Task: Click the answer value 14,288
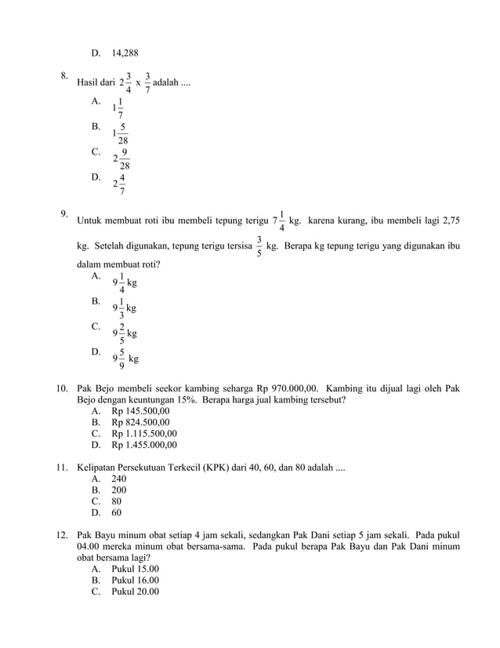pyautogui.click(x=125, y=53)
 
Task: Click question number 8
pyautogui.click(x=65, y=76)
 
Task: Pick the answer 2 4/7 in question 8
pyautogui.click(x=119, y=184)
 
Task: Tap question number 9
pyautogui.click(x=65, y=213)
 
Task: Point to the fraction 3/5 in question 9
pyautogui.click(x=259, y=246)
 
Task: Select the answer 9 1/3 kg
pyautogui.click(x=124, y=308)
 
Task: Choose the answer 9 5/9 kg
pyautogui.click(x=125, y=359)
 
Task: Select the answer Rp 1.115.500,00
pyautogui.click(x=144, y=433)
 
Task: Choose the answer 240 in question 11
pyautogui.click(x=119, y=479)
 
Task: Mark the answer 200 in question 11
pyautogui.click(x=119, y=490)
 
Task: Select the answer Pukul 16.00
pyautogui.click(x=135, y=580)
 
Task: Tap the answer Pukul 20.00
pyautogui.click(x=135, y=592)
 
